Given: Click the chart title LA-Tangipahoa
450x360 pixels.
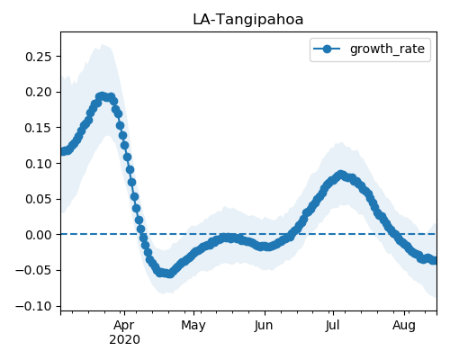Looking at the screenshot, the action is click(248, 20).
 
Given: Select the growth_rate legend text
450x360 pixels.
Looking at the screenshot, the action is click(387, 49).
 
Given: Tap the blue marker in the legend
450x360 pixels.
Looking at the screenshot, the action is click(327, 49).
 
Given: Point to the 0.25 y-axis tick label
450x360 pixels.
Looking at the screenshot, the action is click(39, 57).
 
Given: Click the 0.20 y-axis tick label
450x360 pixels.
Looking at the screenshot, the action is click(39, 92).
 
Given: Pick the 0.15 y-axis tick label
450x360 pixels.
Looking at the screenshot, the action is click(39, 128).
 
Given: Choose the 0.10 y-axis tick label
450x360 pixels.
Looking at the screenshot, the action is click(39, 164).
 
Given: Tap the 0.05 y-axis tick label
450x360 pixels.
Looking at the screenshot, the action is click(39, 199).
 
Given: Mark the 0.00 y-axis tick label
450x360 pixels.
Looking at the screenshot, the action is click(39, 235).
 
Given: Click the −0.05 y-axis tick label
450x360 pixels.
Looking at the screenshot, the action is click(33, 271).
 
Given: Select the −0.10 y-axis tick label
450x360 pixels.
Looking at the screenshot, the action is click(33, 306).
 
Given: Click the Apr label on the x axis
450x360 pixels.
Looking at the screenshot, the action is click(124, 326).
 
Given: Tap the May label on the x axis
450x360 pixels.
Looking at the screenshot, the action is click(193, 326).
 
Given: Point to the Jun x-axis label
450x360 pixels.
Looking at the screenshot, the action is click(264, 326).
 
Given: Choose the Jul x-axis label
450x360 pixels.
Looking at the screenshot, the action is click(333, 326).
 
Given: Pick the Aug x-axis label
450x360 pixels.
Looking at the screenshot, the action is click(404, 326).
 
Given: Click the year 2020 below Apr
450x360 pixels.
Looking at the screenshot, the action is click(124, 340).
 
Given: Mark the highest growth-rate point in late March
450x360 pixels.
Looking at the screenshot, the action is click(102, 96).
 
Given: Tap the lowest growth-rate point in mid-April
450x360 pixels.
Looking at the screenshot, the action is click(169, 274).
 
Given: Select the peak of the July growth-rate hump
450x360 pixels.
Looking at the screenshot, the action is click(340, 175).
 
